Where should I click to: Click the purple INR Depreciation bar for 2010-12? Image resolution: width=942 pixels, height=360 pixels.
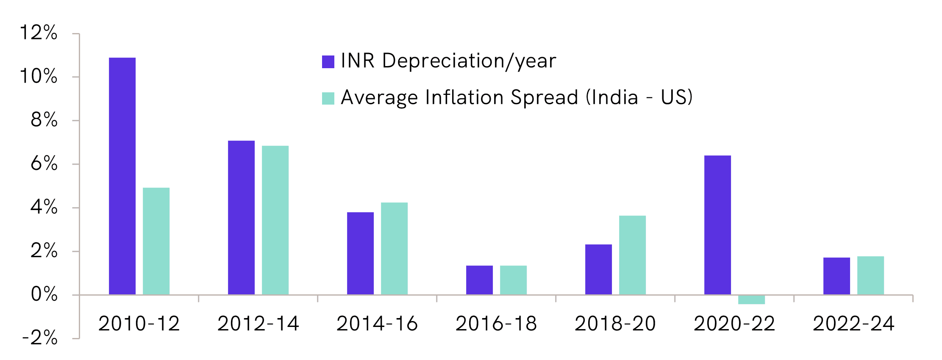(122, 176)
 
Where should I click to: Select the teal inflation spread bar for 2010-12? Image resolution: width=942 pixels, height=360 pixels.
(156, 241)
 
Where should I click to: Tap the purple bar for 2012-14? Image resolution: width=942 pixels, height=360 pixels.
(241, 217)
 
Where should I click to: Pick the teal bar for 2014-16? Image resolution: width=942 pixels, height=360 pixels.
(394, 248)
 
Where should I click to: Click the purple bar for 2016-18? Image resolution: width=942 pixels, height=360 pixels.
(479, 280)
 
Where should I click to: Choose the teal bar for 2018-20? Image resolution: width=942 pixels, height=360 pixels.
(632, 255)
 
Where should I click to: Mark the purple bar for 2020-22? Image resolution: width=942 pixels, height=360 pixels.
(717, 225)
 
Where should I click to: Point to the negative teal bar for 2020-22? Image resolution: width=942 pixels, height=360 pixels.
(751, 299)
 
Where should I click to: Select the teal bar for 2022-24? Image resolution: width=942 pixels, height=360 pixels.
(870, 275)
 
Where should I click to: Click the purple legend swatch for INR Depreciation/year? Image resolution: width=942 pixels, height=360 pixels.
(328, 62)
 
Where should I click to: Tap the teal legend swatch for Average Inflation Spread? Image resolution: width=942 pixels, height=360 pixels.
(328, 98)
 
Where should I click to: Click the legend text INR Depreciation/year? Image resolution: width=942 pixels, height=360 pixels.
(448, 61)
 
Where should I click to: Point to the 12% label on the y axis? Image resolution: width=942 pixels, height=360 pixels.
(39, 33)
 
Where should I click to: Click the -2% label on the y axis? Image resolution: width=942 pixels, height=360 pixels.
(40, 338)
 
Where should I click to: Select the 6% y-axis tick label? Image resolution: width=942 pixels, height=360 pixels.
(44, 163)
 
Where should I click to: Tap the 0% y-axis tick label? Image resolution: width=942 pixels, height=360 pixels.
(44, 294)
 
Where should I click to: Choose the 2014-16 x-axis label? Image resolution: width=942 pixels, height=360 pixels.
(377, 324)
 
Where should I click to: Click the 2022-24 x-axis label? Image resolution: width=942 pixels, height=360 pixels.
(853, 324)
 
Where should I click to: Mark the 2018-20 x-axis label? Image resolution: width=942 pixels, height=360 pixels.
(615, 324)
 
